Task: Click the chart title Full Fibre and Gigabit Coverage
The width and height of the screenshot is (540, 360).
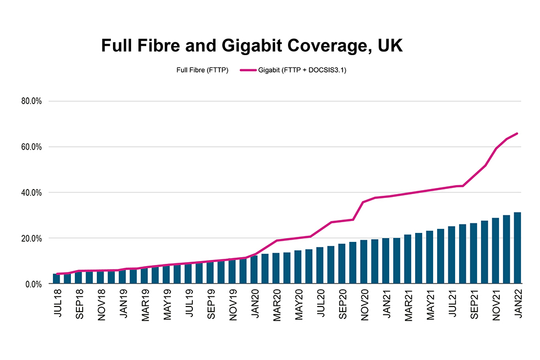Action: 251,46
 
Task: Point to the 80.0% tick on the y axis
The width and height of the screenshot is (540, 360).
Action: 32,101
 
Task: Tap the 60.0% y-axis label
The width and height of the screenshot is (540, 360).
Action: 32,147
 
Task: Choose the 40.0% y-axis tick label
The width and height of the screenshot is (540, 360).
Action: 32,192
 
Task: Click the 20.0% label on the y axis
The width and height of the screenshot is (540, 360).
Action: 32,238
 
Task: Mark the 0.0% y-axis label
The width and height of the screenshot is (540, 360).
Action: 34,284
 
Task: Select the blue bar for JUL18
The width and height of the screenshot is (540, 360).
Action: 56,278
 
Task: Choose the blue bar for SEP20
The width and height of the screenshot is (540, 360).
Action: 342,264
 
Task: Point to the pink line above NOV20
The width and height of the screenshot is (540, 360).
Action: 364,202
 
